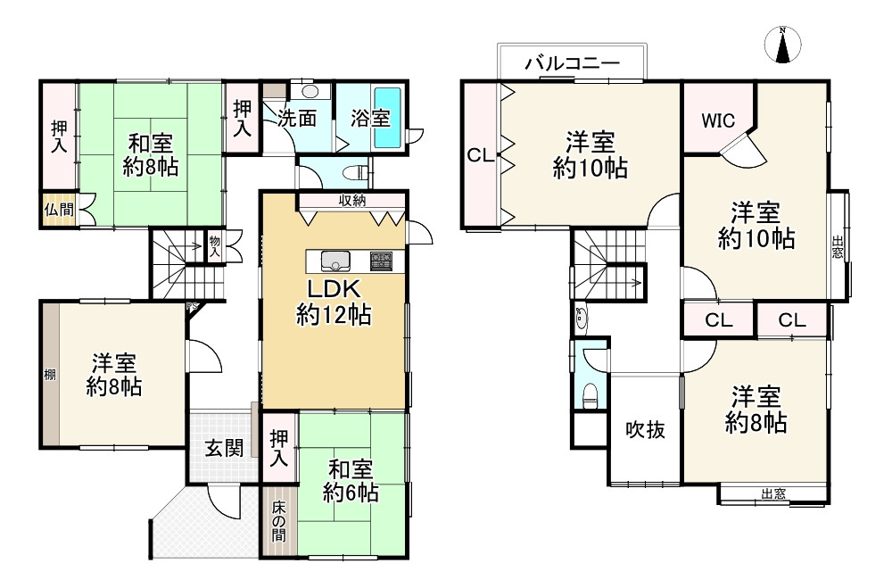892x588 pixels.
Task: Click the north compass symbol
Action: click(782, 46)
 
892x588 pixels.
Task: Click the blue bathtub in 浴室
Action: click(388, 118)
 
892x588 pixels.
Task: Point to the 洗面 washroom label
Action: click(296, 118)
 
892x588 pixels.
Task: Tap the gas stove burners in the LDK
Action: click(381, 261)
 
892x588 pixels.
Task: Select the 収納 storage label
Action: click(351, 201)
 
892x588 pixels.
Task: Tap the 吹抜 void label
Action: click(644, 430)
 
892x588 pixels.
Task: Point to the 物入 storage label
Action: click(214, 245)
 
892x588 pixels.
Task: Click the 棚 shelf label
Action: click(50, 375)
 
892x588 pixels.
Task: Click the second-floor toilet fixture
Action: click(588, 394)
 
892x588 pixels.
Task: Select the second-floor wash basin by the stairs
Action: click(581, 317)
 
